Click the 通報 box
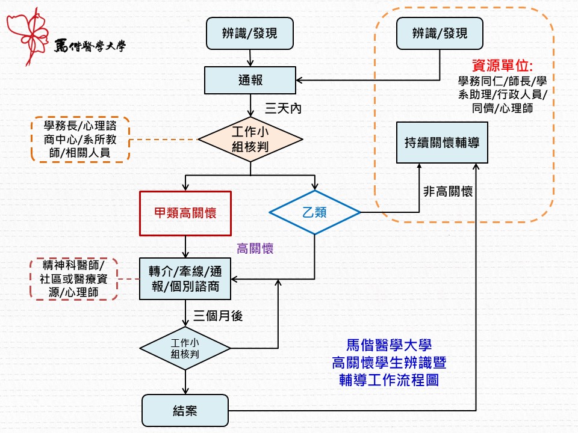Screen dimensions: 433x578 pos(250,80)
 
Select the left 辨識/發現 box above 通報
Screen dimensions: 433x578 pos(250,34)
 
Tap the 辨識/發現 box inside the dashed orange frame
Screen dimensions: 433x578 pos(440,34)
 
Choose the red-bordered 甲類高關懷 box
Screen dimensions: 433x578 pos(185,213)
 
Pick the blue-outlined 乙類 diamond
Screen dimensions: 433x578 pos(314,212)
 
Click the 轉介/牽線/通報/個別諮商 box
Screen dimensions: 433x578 pos(185,278)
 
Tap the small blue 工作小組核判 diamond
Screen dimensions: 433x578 pos(185,348)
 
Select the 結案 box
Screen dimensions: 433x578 pos(185,411)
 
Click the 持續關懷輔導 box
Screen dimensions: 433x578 pos(441,143)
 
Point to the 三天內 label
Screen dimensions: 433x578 pos(283,109)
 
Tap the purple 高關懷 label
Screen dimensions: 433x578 pos(255,248)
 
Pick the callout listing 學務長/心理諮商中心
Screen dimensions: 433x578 pos(80,140)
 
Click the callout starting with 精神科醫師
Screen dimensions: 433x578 pos(73,278)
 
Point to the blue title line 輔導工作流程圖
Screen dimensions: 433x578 pos(389,380)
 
